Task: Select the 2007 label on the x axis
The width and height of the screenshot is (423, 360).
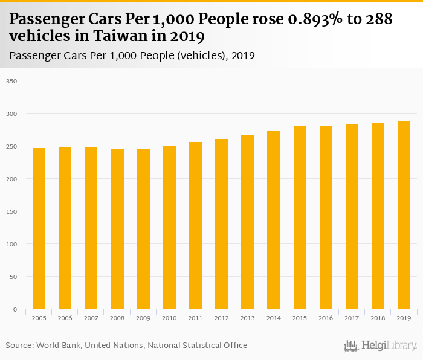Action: (91, 318)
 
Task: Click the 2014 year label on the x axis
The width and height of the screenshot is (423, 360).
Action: (273, 318)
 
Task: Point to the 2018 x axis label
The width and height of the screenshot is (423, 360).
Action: (378, 318)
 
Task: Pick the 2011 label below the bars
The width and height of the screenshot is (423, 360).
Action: (195, 318)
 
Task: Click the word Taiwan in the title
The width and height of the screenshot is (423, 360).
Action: (106, 36)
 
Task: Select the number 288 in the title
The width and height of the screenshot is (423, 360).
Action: (380, 19)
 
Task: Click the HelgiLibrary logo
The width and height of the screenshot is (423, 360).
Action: (380, 346)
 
